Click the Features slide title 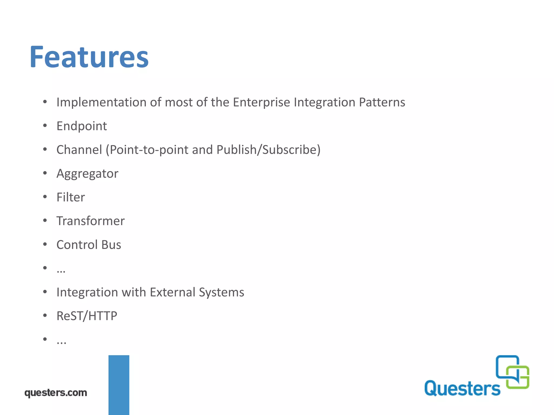pos(89,57)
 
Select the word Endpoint pos(82,126)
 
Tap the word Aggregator pos(87,173)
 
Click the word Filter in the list pos(71,197)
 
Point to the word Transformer pos(91,221)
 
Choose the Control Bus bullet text pos(89,245)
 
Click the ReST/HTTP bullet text pos(87,316)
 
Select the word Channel pos(79,150)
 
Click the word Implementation pos(101,102)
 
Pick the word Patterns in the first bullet pos(382,102)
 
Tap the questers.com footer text pos(56,393)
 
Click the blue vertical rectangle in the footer pos(119,385)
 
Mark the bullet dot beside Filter pos(45,197)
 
